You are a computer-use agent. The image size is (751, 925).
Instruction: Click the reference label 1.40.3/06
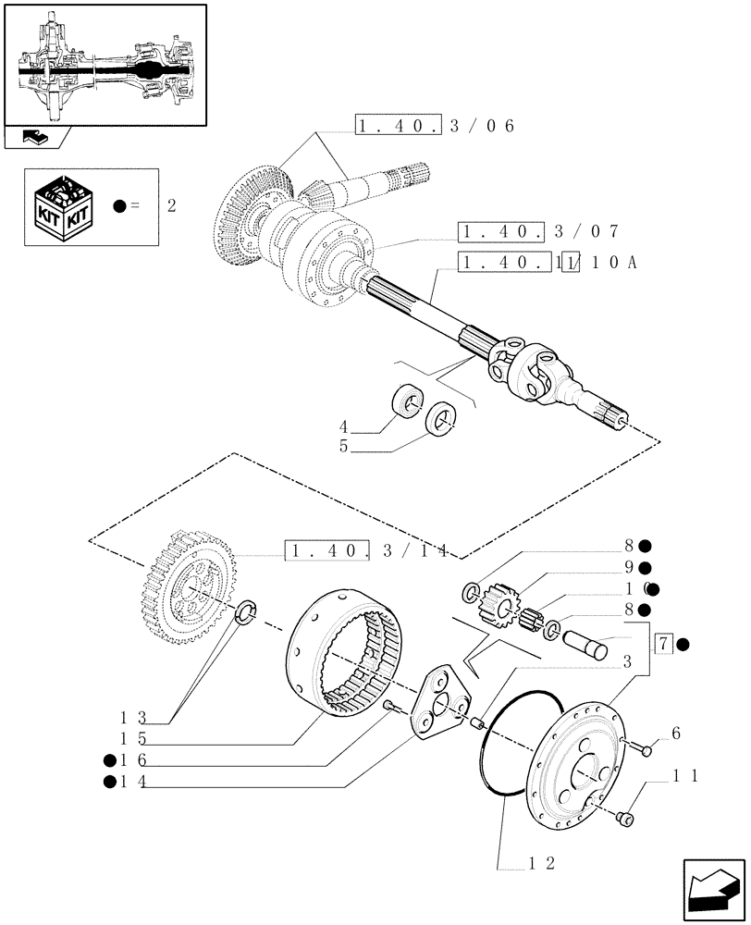pyautogui.click(x=434, y=127)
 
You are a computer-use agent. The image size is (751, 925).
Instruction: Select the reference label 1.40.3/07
pyautogui.click(x=538, y=232)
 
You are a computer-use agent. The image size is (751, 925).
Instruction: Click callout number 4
pyautogui.click(x=343, y=427)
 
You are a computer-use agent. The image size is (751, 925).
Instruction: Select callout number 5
pyautogui.click(x=343, y=447)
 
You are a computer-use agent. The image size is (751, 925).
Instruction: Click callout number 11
pyautogui.click(x=685, y=776)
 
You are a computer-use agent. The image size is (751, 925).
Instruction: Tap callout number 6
pyautogui.click(x=676, y=734)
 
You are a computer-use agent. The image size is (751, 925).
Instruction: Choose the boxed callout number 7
pyautogui.click(x=662, y=644)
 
